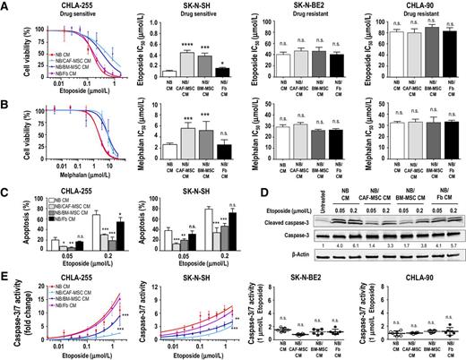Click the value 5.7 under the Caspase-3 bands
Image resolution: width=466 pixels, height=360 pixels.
click(444, 244)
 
